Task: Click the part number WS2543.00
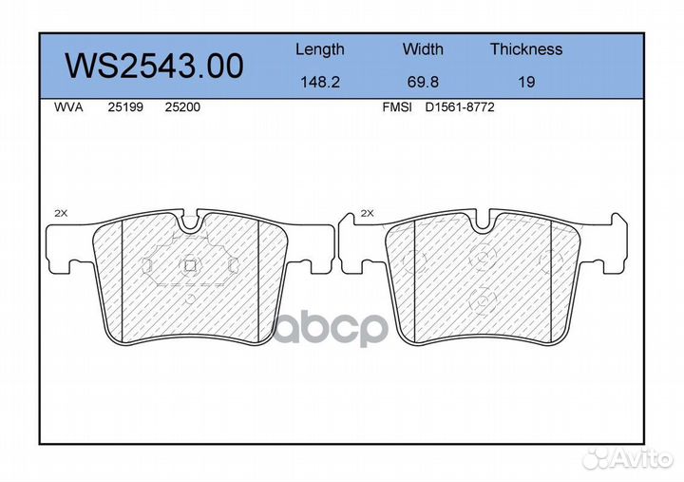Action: tap(154, 66)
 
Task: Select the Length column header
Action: tap(320, 49)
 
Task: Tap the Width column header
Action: tap(423, 48)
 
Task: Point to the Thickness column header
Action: tap(526, 48)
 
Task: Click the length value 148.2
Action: tap(320, 82)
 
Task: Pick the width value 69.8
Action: tap(423, 82)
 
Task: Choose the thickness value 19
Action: tap(526, 82)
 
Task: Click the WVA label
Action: tap(68, 107)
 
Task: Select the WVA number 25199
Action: tap(125, 107)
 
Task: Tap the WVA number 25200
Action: tap(182, 107)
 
